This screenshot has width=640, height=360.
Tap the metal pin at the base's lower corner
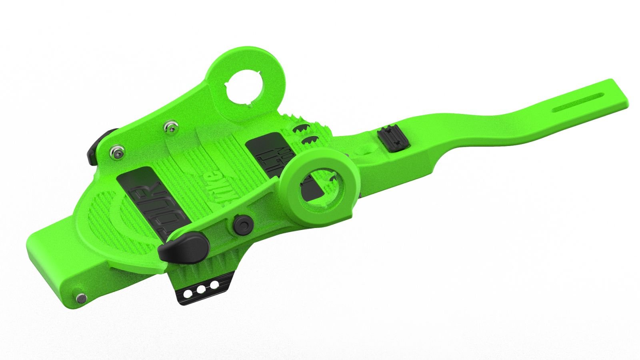click(x=82, y=298)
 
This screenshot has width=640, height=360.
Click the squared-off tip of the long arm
click(x=618, y=94)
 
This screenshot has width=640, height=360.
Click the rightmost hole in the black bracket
click(x=215, y=284)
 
